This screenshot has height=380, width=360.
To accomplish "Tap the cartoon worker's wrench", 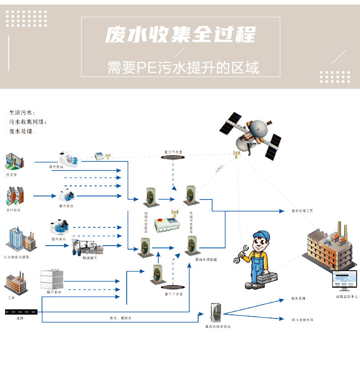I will [240, 256].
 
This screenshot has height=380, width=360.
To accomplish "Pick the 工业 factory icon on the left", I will [15, 282].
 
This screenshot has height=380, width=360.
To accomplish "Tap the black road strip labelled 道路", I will [21, 312].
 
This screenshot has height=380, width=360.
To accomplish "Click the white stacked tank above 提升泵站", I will [52, 278].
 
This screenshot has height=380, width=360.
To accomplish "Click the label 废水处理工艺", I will [302, 211].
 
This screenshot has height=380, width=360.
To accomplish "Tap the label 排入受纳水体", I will [302, 320].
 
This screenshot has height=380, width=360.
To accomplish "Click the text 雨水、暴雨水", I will [120, 318].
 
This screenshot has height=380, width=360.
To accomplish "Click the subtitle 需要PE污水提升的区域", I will [183, 68].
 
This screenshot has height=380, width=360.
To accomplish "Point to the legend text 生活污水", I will [22, 113].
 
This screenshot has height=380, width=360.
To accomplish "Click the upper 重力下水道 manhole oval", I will [173, 157].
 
